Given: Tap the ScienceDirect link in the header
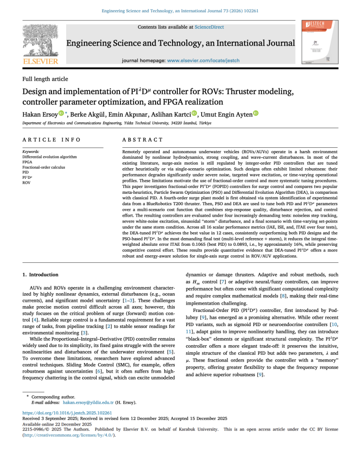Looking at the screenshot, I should click(209, 27).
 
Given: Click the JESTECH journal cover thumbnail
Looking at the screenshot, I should click(317, 42).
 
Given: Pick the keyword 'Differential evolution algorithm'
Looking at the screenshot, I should click(50, 156).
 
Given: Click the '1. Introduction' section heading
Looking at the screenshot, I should click(41, 275).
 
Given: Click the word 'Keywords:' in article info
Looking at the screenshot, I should click(31, 151).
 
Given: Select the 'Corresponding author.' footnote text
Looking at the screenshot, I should click(53, 397).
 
